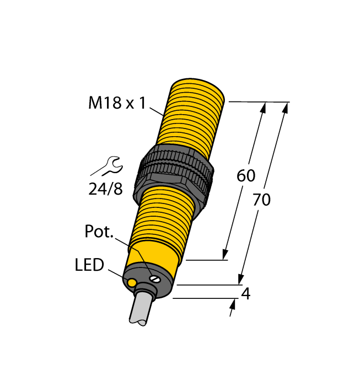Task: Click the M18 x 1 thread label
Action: point(117,103)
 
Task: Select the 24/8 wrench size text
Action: point(105,189)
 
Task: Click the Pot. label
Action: point(99,232)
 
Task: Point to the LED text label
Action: point(89,265)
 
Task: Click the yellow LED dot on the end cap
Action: point(132,283)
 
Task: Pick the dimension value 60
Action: point(246,176)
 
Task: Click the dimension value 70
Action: point(261,200)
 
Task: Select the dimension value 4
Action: point(246,294)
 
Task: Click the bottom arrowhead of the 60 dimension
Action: point(225,254)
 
